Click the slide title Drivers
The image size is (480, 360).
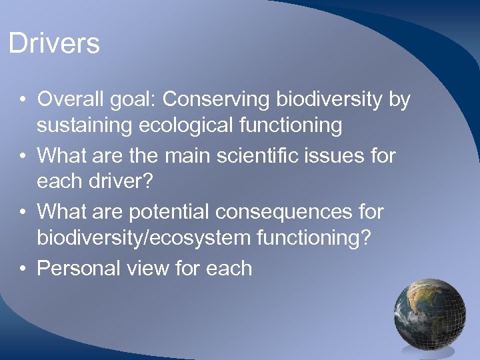click(54, 44)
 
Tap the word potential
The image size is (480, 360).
click(171, 212)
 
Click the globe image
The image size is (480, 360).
click(429, 313)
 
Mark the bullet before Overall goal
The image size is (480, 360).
click(23, 101)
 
